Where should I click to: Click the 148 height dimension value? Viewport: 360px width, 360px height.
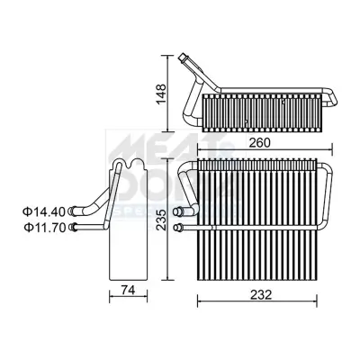(160, 91)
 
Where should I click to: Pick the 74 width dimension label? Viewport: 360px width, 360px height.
(129, 290)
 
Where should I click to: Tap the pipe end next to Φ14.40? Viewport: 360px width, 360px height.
(72, 211)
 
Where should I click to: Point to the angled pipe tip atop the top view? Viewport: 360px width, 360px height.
(186, 60)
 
